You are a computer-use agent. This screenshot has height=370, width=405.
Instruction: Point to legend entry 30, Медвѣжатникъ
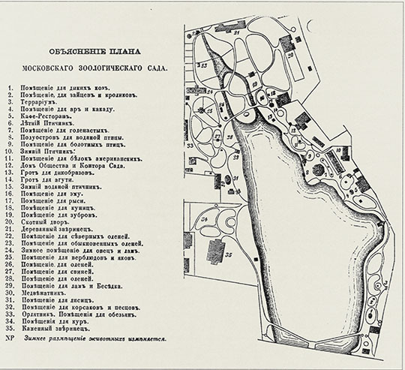[52, 291]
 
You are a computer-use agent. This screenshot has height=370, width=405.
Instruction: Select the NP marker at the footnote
[10, 338]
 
